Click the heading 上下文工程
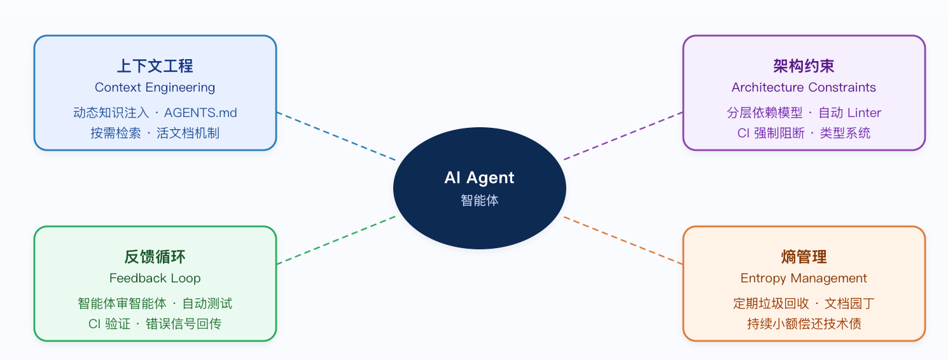tap(155, 66)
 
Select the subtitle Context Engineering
tap(155, 87)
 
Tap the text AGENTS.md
tap(200, 113)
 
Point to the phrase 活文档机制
tap(188, 133)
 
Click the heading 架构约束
tap(804, 66)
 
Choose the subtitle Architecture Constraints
tap(804, 87)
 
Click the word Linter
tap(863, 113)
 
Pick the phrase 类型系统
tap(845, 133)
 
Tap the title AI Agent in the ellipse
tap(479, 177)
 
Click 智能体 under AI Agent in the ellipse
tap(479, 200)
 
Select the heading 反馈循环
tap(155, 257)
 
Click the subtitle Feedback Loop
tap(155, 278)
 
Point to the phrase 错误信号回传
tap(183, 324)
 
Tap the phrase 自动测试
tap(207, 303)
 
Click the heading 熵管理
tap(804, 257)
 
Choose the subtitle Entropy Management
tap(804, 278)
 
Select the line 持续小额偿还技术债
tap(804, 324)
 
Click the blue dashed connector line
tap(336, 136)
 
